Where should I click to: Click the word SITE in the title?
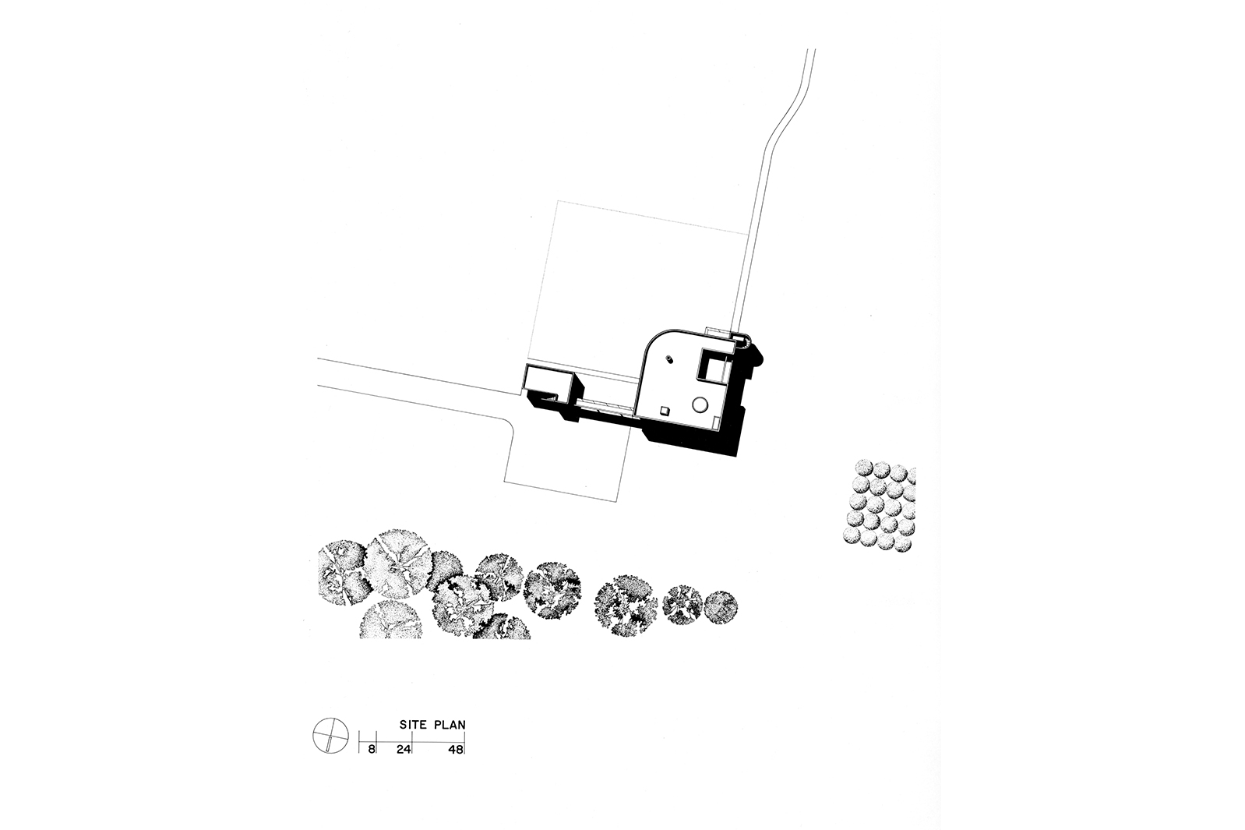coord(415,724)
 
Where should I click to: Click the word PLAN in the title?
coord(450,724)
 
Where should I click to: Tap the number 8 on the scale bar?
coord(372,749)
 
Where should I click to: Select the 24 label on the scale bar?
coord(404,749)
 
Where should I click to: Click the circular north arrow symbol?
coord(328,733)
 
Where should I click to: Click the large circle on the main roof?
coord(700,404)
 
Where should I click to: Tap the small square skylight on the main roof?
coord(664,410)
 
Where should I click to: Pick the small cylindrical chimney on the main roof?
coord(668,358)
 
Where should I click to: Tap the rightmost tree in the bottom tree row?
coord(721,606)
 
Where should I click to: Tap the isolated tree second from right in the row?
coord(682,603)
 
